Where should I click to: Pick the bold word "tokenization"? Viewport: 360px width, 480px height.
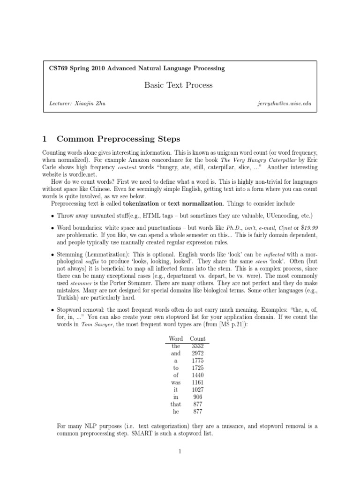[x=142, y=204]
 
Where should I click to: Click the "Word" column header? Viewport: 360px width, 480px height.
[x=175, y=338]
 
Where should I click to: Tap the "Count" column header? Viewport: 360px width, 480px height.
[x=198, y=338]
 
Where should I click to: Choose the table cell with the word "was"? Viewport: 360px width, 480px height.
[x=176, y=382]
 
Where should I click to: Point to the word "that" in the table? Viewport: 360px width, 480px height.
[x=176, y=404]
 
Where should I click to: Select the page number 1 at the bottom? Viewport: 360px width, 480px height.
[x=180, y=452]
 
